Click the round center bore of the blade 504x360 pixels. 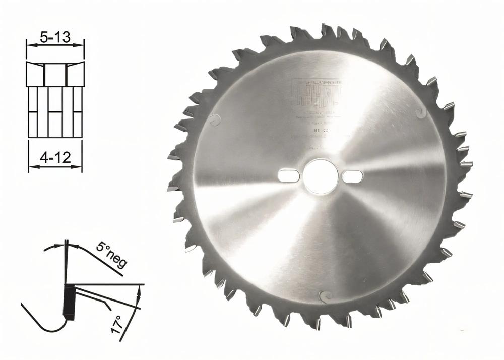click(x=321, y=176)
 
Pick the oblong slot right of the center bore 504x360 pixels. click(x=353, y=176)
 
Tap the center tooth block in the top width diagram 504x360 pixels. click(x=55, y=75)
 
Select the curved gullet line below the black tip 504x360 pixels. click(x=45, y=325)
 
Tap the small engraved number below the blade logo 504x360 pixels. click(x=318, y=130)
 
